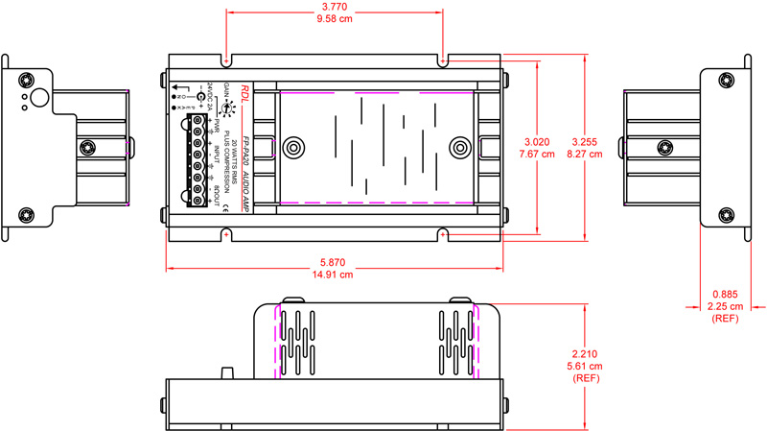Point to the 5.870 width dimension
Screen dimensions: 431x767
coord(333,261)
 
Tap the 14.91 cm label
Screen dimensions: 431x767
coord(333,275)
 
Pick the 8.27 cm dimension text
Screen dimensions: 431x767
coord(609,154)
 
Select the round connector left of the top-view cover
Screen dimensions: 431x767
coord(291,148)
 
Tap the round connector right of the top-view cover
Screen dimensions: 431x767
coord(461,148)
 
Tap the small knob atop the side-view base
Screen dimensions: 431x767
coord(228,372)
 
